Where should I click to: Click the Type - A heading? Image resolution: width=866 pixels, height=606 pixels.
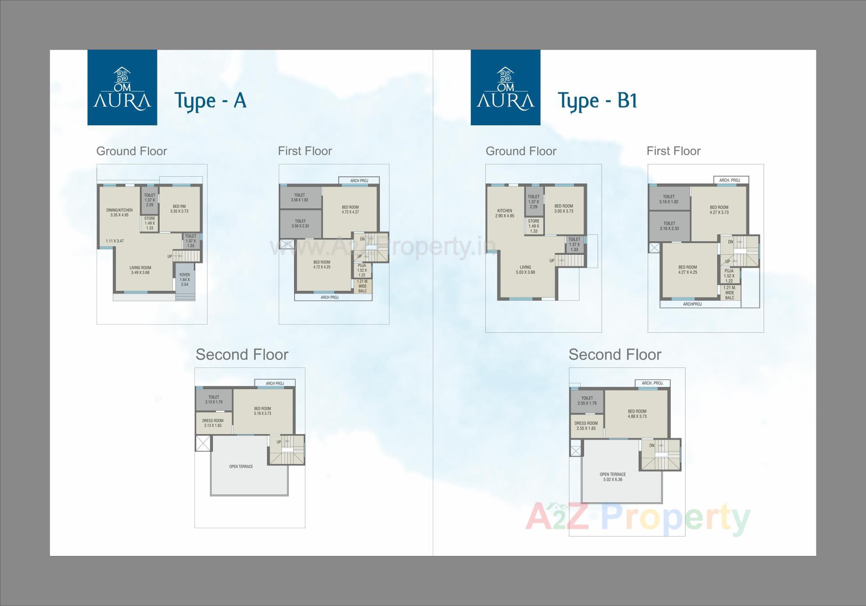coord(210,100)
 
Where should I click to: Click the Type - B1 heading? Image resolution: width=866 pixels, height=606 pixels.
coord(598,100)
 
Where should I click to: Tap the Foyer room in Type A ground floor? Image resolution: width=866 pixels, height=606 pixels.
coord(184,280)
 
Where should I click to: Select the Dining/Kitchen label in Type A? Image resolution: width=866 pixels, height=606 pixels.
coord(120,212)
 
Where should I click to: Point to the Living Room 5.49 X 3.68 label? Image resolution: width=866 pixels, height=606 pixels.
coord(140,270)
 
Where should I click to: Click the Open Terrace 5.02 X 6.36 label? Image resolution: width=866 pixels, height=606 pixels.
coord(613,477)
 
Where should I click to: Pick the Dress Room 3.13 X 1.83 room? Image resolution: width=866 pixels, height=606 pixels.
coord(213,423)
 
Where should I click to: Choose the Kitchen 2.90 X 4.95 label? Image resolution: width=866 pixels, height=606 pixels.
coord(505,213)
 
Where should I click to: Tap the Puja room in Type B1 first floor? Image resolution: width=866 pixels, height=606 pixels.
coord(729,275)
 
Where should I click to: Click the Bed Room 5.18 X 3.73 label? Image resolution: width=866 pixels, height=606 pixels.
coord(263,411)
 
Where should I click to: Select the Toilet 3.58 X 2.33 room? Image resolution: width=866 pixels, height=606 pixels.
coord(300,224)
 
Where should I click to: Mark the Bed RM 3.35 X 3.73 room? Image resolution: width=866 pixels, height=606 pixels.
coord(179,209)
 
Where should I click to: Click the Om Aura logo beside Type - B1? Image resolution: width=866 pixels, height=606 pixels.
coord(505,87)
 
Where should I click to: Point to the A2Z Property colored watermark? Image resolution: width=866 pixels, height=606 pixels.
coord(638,519)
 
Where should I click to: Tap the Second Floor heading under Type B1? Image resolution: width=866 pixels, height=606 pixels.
coord(615,354)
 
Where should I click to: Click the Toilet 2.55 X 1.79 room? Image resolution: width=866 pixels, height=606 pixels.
coord(587,401)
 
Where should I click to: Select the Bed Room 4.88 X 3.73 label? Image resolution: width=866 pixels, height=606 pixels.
coord(637,413)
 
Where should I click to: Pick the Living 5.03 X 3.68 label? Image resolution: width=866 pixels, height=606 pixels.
coord(525,270)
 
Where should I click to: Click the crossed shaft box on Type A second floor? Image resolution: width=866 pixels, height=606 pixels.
coord(203,443)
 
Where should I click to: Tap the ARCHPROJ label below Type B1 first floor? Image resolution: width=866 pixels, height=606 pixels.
coord(692,304)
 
